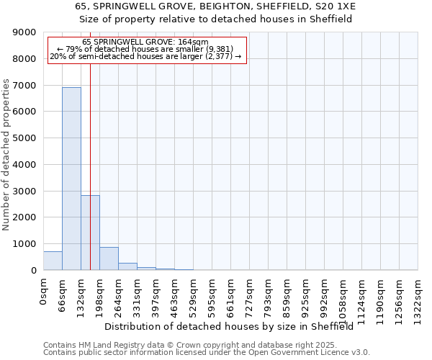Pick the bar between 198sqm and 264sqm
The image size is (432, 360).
pyautogui.click(x=109, y=258)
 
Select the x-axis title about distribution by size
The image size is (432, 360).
pyautogui.click(x=233, y=326)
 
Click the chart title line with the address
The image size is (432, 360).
pyautogui.click(x=215, y=6)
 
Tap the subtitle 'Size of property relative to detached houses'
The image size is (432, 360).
pyautogui.click(x=215, y=19)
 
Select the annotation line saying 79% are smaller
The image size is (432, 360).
pyautogui.click(x=147, y=49)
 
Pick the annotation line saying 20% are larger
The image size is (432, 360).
pyautogui.click(x=147, y=56)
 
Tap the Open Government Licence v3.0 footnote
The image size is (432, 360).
pyautogui.click(x=207, y=353)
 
